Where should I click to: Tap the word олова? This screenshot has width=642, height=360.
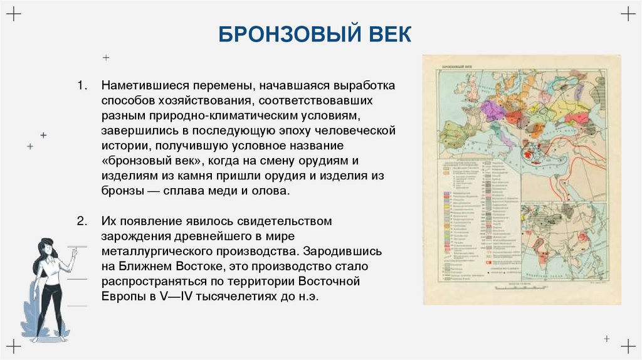[x=273, y=191]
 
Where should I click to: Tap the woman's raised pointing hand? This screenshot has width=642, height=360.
[x=75, y=251]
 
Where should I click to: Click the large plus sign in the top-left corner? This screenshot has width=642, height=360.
[x=14, y=14]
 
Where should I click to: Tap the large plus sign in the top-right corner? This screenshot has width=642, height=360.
[x=628, y=14]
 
